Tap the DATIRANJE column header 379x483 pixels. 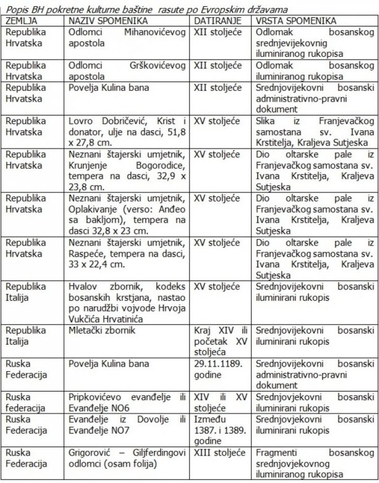click(218, 21)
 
